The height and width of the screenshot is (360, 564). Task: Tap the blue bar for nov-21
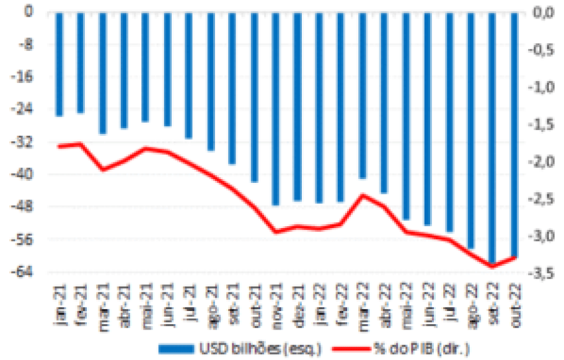click(276, 108)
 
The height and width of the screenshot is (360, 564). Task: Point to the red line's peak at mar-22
click(363, 195)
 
